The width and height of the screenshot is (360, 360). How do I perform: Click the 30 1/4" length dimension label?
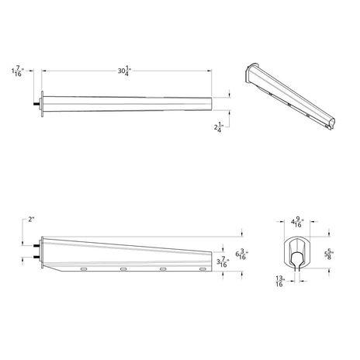coord(125,71)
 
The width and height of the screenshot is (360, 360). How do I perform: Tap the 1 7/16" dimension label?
coord(18,71)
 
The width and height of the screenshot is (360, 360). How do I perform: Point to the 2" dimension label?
coord(31,220)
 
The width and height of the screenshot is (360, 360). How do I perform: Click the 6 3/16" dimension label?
coord(241,254)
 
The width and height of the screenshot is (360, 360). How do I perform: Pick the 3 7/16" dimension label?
coord(223,261)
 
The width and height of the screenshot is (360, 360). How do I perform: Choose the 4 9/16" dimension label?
coord(297,222)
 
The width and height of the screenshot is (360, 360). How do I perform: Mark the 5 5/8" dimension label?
coord(329,254)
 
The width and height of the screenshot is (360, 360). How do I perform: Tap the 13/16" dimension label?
coord(280,281)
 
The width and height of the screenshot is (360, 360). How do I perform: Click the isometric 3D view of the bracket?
coord(289,95)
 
